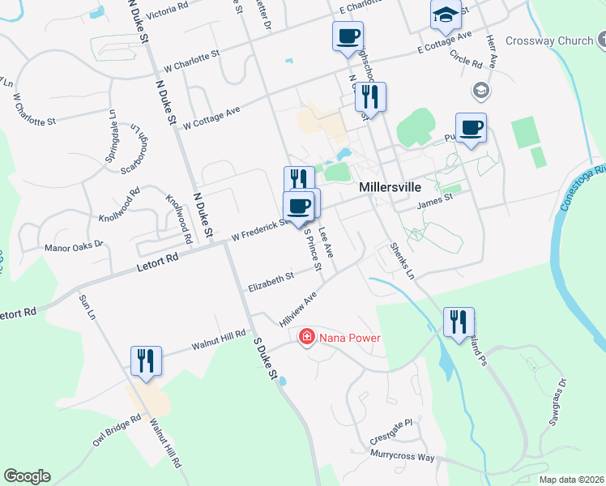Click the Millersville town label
390,187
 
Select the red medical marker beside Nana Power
307,336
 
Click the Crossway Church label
549,40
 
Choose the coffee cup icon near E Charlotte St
348,36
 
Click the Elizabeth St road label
270,281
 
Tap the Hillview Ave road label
297,310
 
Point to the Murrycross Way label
403,458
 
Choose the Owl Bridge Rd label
117,433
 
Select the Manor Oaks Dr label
74,245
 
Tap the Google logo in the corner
27,476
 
